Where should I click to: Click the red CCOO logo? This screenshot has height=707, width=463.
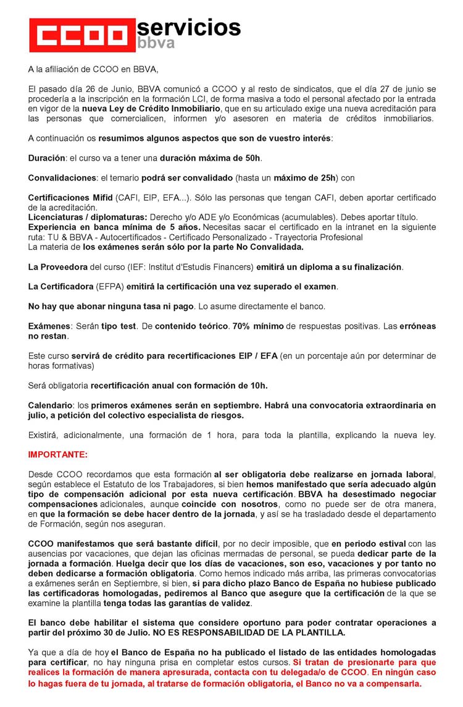81,36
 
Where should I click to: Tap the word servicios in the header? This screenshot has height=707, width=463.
188,27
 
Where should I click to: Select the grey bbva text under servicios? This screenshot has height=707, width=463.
155,44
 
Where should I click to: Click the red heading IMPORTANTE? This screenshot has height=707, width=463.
58,455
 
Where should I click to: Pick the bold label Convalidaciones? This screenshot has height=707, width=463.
62,178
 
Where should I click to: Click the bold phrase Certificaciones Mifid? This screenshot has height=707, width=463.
70,198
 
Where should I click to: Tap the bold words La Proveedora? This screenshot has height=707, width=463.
59,267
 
